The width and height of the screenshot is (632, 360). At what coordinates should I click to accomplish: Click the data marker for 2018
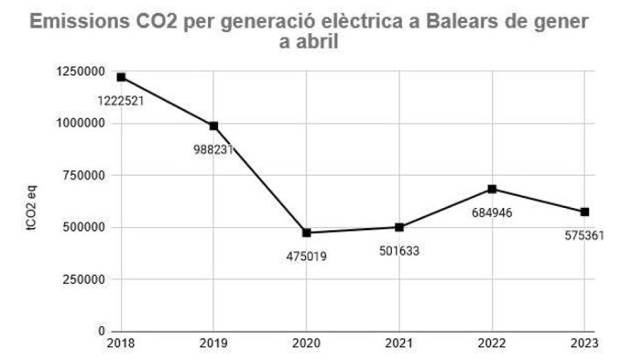coord(121,77)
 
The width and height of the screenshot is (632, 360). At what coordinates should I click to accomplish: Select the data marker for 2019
coord(213,125)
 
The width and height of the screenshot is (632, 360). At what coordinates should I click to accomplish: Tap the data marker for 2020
coord(306,233)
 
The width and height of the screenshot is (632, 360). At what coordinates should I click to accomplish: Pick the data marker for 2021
coord(399,227)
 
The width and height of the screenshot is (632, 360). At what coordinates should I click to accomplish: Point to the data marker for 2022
coord(493,189)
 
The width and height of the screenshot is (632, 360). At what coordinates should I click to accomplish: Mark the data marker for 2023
coord(585,212)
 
